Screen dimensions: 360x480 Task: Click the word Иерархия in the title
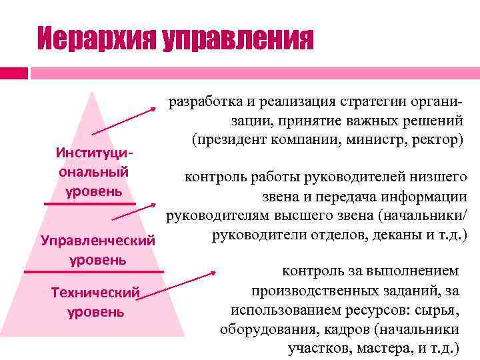[95, 39]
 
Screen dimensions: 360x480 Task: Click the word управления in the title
[237, 40]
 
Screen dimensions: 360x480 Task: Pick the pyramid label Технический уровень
[97, 302]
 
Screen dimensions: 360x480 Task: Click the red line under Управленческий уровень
[93, 272]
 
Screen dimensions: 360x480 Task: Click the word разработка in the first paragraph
[200, 102]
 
